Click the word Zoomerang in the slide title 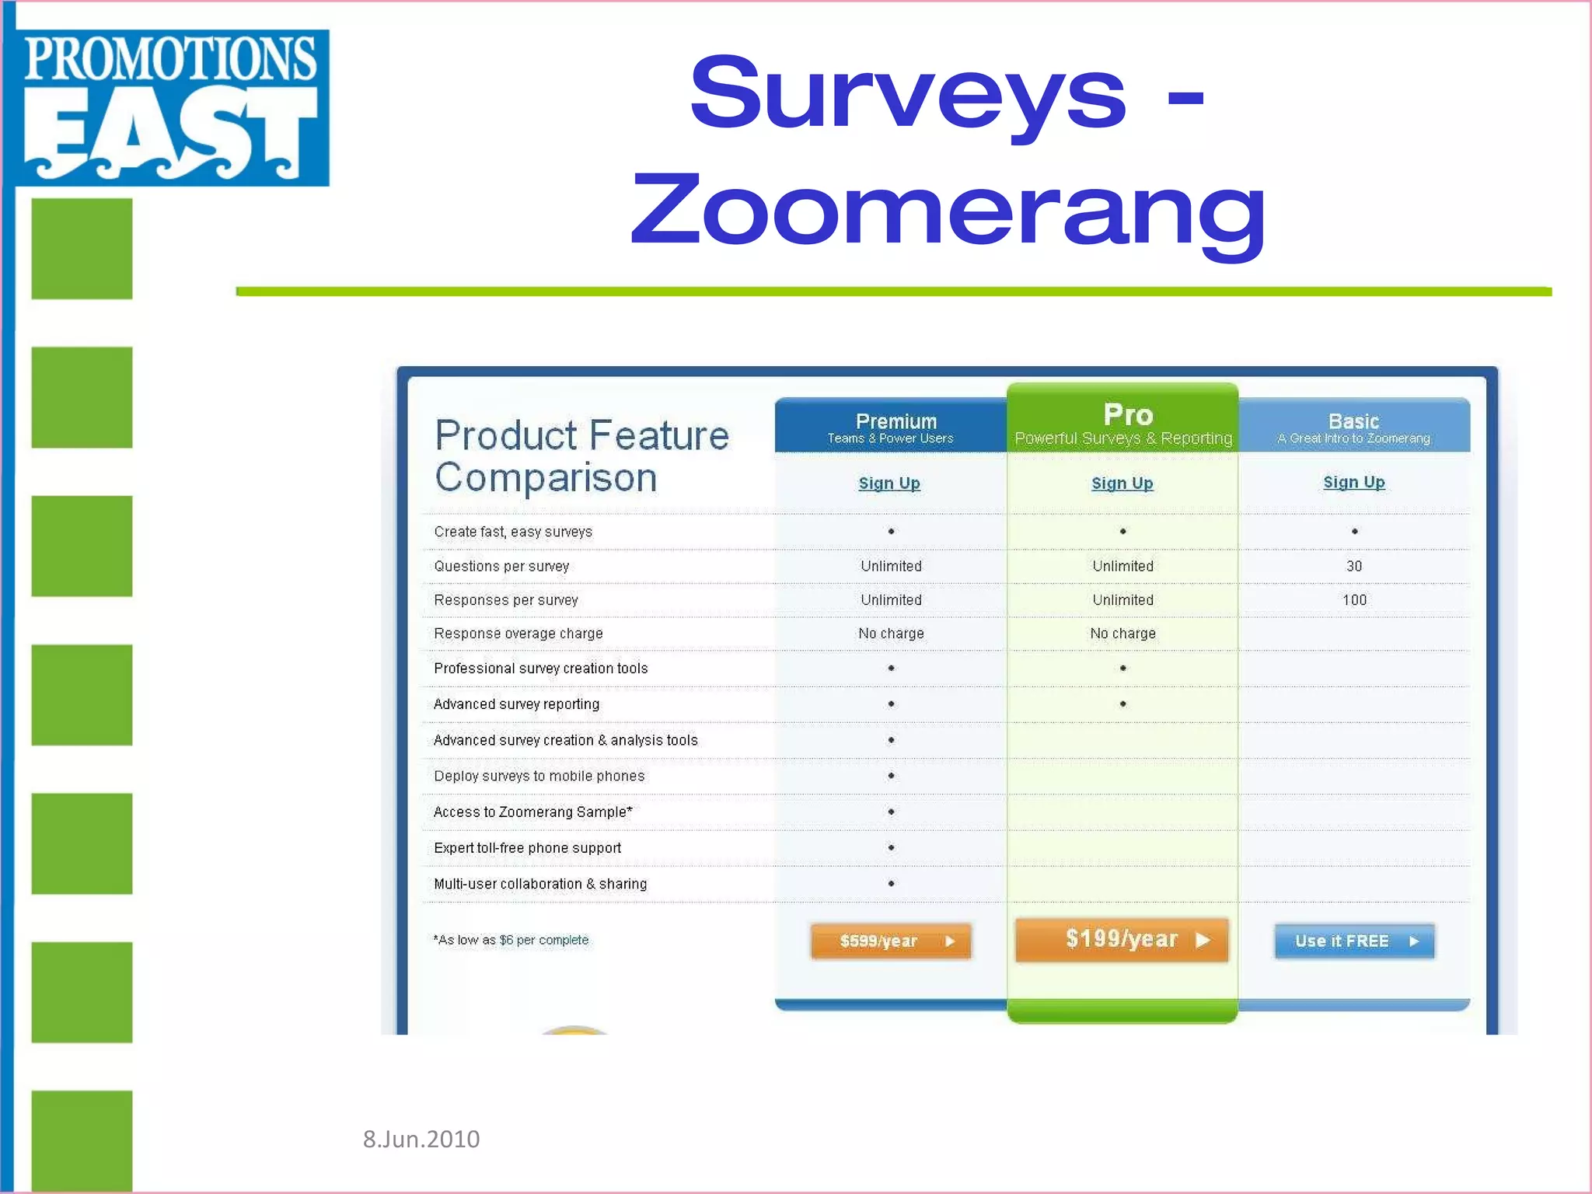(x=948, y=211)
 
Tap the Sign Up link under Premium (x=889, y=484)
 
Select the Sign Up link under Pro (x=1122, y=484)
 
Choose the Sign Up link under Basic (x=1353, y=483)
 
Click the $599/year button (x=891, y=941)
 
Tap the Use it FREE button (x=1354, y=941)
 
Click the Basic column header (x=1353, y=427)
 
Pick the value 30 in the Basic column (x=1354, y=566)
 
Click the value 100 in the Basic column (x=1354, y=600)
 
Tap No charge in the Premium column (x=891, y=634)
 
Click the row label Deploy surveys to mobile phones (x=539, y=776)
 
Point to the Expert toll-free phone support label (x=527, y=848)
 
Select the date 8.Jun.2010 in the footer (x=421, y=1139)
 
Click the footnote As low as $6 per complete (x=511, y=941)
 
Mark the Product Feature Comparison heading (x=581, y=456)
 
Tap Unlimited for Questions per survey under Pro (x=1122, y=566)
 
